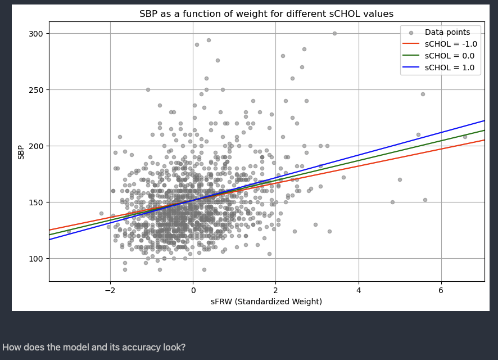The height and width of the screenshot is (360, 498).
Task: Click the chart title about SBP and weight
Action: (x=266, y=14)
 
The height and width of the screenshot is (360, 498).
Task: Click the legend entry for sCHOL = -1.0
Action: (x=451, y=44)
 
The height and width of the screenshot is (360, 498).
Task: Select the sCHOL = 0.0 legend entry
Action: (x=450, y=56)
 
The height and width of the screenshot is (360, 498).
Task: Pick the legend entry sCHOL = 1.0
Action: (x=450, y=68)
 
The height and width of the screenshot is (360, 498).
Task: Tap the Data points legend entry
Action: (x=447, y=32)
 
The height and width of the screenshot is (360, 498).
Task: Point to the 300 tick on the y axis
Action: (x=36, y=34)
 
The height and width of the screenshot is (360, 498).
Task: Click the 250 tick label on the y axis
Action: (x=36, y=90)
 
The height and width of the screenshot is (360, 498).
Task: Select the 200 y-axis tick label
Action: (x=36, y=146)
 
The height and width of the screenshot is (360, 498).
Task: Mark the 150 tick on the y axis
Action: (x=36, y=202)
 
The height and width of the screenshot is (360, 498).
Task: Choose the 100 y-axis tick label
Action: (x=36, y=259)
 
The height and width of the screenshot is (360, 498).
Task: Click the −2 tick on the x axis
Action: (x=110, y=290)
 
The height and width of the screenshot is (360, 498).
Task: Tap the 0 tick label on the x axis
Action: (x=193, y=290)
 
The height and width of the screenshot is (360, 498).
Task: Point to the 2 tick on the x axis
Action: (x=275, y=290)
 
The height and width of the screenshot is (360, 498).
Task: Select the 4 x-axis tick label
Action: (x=358, y=290)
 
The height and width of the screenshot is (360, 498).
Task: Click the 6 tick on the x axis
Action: (x=441, y=290)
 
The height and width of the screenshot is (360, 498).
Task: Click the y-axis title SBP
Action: (x=21, y=151)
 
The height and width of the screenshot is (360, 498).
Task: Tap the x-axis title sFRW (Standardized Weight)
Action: (x=266, y=302)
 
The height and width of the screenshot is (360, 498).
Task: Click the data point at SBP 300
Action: (x=334, y=33)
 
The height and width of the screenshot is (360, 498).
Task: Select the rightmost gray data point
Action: (x=465, y=137)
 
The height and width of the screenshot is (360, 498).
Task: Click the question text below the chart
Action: (x=94, y=348)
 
